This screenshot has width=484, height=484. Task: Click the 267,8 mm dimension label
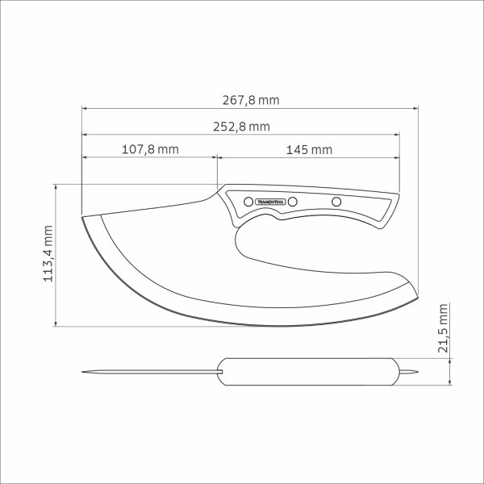tap(251, 100)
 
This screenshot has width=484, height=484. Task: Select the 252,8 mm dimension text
tap(241, 127)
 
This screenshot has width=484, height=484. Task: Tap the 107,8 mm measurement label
tap(150, 149)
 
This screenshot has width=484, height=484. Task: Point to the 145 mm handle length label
tap(309, 150)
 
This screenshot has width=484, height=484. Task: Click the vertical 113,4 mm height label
tap(48, 254)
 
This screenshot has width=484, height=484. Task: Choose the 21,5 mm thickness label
tap(443, 328)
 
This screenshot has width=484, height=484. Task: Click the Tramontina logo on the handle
tap(270, 202)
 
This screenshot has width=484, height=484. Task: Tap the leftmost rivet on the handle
tap(248, 202)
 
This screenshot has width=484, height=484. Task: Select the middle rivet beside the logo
tap(292, 202)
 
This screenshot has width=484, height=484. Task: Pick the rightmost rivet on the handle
tap(336, 202)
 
